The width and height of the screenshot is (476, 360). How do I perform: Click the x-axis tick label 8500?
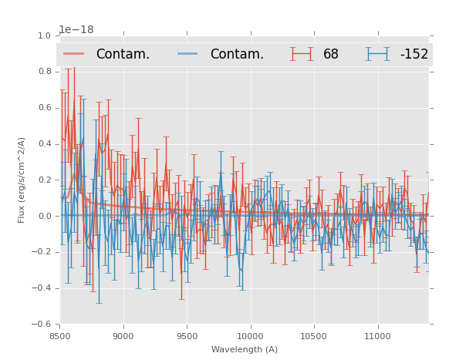[x=59, y=336]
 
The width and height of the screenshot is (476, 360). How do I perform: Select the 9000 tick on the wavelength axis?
[x=123, y=336]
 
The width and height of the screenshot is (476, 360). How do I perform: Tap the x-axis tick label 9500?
[x=187, y=336]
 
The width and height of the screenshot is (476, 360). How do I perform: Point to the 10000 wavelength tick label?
[x=250, y=336]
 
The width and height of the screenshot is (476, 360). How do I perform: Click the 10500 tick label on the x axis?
[x=314, y=336]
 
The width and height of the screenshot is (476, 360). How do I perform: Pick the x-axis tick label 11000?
[x=377, y=336]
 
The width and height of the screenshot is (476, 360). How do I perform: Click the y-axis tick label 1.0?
[x=44, y=35]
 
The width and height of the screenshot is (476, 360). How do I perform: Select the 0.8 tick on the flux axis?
[x=44, y=72]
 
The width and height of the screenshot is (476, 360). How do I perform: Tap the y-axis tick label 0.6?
[x=44, y=108]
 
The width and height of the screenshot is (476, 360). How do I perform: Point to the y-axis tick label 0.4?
[x=44, y=144]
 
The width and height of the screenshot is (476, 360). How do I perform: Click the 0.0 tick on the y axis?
[x=44, y=216]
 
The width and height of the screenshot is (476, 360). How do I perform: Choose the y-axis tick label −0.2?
[x=41, y=252]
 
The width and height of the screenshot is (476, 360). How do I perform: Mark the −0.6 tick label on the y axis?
[x=41, y=325]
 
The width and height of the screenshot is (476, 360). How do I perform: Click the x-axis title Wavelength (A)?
[x=245, y=349]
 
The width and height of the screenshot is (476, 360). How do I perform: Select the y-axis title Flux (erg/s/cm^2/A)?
[x=22, y=180]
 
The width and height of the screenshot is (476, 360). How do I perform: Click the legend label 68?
[x=331, y=54]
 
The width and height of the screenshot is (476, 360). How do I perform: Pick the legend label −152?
[x=414, y=54]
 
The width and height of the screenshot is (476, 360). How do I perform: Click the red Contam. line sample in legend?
[x=74, y=54]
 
